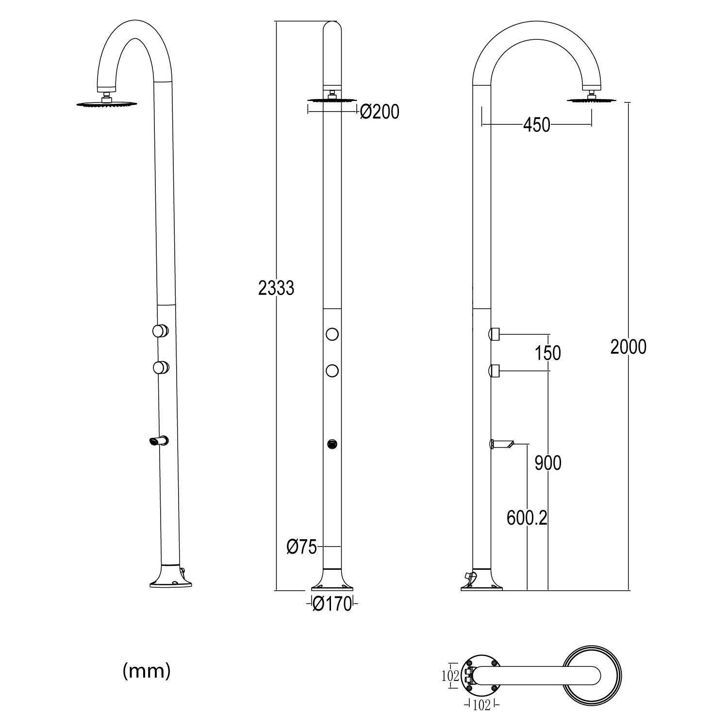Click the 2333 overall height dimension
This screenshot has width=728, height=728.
coord(276,288)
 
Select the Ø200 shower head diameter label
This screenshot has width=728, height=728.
coord(380,112)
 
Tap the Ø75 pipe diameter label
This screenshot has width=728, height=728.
coord(301,547)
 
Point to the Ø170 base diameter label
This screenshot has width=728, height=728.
coord(332,604)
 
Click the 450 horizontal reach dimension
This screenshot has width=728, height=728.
coord(536,125)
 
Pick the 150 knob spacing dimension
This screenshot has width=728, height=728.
coord(548,353)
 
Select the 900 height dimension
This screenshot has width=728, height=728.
coord(548,463)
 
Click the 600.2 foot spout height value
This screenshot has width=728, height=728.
coord(527,518)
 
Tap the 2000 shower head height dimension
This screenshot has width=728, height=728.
coord(629,347)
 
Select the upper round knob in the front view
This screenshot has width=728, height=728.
coord(332,334)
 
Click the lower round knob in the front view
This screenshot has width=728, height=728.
coord(332,371)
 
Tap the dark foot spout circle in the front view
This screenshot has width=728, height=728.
coord(332,444)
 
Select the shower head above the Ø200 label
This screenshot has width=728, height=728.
coord(332,100)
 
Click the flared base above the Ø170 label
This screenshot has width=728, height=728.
coord(332,580)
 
